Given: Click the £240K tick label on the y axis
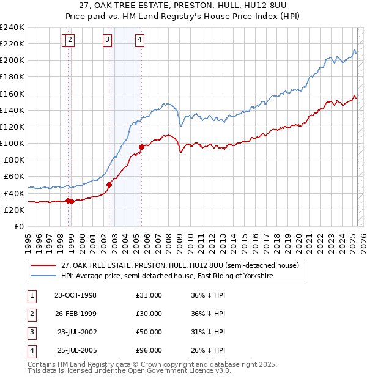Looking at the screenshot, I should pyautogui.click(x=12, y=28).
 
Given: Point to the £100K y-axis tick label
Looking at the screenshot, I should pyautogui.click(x=12, y=143).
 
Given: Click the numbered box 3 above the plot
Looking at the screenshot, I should pyautogui.click(x=107, y=40).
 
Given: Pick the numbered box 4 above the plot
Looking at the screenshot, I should pyautogui.click(x=140, y=40).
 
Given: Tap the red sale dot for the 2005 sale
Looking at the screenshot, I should pyautogui.click(x=141, y=147).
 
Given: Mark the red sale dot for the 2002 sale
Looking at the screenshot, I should pyautogui.click(x=109, y=185).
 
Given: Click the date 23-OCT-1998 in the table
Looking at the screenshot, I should pyautogui.click(x=75, y=295).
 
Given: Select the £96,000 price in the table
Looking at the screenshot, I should pyautogui.click(x=149, y=350).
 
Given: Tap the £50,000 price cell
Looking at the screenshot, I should pyautogui.click(x=149, y=332).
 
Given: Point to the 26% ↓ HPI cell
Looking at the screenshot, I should pyautogui.click(x=209, y=350).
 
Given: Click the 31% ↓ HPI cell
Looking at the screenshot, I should pyautogui.click(x=209, y=332).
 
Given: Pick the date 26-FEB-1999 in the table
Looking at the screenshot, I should pyautogui.click(x=75, y=314).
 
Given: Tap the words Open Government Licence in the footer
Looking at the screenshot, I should pyautogui.click(x=183, y=370).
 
